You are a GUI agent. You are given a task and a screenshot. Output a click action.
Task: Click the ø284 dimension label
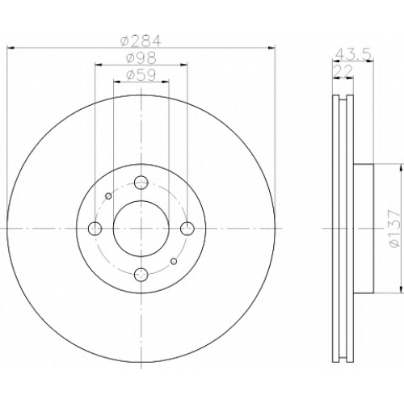pyautogui.click(x=141, y=41)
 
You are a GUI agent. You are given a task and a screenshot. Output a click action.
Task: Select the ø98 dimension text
pyautogui.click(x=141, y=58)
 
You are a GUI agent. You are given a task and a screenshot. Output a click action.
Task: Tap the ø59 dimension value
pyautogui.click(x=141, y=75)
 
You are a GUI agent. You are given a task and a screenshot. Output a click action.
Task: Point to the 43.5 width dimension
pyautogui.click(x=353, y=55)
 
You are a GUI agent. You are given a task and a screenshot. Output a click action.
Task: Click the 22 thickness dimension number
pyautogui.click(x=343, y=71)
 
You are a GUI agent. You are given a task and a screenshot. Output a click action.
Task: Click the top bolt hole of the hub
pyautogui.click(x=141, y=183)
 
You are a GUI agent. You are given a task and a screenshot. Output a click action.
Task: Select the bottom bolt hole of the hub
pyautogui.click(x=141, y=275)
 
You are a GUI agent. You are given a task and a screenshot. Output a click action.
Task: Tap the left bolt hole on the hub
pyautogui.click(x=95, y=229)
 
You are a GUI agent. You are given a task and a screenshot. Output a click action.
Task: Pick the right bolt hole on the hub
pyautogui.click(x=187, y=229)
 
